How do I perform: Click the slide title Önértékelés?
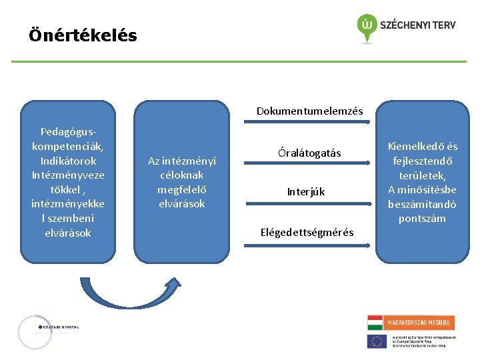[83, 35]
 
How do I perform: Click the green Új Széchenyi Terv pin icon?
[366, 26]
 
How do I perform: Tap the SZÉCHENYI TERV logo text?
[417, 25]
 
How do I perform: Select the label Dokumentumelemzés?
[309, 111]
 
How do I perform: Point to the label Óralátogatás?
[309, 153]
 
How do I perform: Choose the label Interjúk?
[306, 192]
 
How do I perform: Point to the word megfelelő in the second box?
[181, 189]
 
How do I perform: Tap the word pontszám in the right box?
[423, 219]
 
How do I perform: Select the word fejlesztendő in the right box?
[423, 161]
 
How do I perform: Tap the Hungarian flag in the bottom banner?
[377, 323]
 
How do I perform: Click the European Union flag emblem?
[377, 341]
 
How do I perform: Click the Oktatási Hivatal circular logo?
[35, 332]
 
